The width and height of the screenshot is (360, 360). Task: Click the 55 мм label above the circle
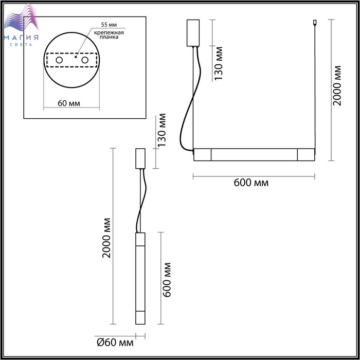tap(109, 25)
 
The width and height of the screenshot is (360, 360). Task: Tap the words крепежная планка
tap(109, 34)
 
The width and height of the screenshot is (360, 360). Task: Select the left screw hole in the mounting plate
tap(59, 60)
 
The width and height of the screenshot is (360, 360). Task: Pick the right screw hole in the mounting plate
tap(85, 60)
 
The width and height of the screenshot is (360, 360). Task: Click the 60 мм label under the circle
tap(69, 103)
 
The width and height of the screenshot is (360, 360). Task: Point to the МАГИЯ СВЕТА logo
tap(21, 25)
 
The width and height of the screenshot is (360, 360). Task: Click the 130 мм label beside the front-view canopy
tap(219, 63)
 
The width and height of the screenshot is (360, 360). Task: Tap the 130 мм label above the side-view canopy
tap(161, 130)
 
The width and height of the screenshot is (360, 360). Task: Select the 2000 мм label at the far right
tap(337, 85)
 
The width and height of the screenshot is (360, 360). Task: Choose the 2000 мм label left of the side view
tap(106, 238)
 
